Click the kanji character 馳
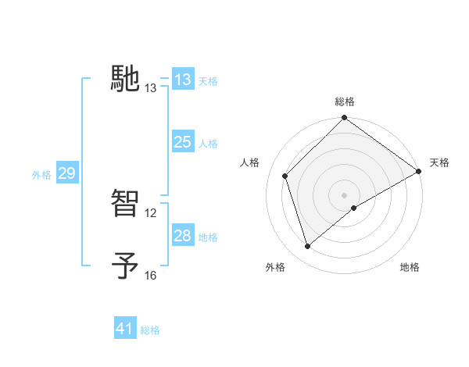click(x=125, y=78)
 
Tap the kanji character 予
click(x=125, y=265)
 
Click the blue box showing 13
click(x=183, y=80)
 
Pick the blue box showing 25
click(x=183, y=142)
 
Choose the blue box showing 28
click(x=183, y=236)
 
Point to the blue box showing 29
click(x=66, y=173)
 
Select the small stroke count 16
click(x=151, y=276)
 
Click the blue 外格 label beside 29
click(x=41, y=175)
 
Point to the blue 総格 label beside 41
click(x=150, y=330)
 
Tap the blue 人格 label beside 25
click(x=208, y=144)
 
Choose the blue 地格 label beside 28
click(x=208, y=237)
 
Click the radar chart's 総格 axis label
click(x=345, y=102)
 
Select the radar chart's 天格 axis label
click(x=439, y=162)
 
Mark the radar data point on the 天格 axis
click(x=419, y=171)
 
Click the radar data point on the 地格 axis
click(x=354, y=208)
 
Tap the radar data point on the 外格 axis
click(x=308, y=246)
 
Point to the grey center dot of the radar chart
click(x=345, y=194)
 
